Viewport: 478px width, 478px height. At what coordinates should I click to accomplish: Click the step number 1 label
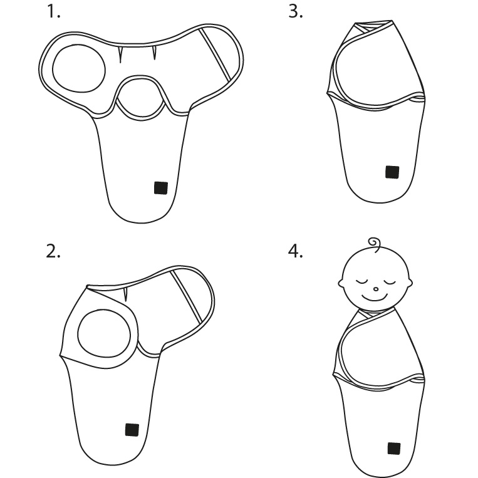[x=53, y=12]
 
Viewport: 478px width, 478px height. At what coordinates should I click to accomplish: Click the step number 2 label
[x=53, y=251]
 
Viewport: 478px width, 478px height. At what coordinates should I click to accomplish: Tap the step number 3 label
[x=296, y=12]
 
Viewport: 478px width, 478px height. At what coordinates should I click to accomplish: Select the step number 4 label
[x=296, y=251]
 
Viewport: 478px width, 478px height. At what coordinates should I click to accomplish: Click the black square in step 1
[x=161, y=188]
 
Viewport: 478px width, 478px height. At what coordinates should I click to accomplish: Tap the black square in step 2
[x=132, y=430]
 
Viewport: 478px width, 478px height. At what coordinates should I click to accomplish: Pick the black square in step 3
[x=392, y=172]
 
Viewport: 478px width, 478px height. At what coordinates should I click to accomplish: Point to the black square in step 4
[x=394, y=449]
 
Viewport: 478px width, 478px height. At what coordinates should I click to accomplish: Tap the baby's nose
[x=376, y=289]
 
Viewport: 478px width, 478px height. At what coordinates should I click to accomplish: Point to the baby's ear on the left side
[x=341, y=283]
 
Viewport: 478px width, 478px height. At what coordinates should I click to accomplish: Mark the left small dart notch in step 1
[x=120, y=55]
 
